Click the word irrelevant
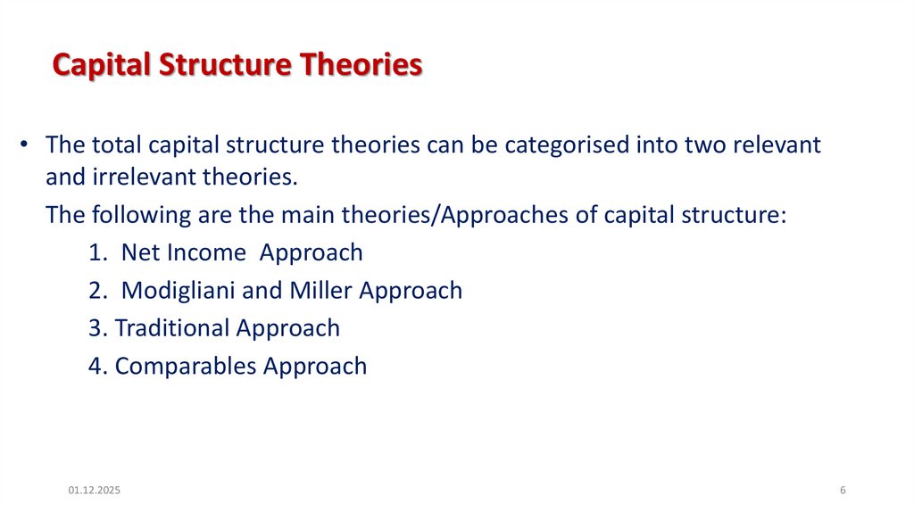[x=151, y=177]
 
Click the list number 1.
[x=96, y=252]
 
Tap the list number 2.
[x=96, y=290]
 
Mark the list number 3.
[x=96, y=327]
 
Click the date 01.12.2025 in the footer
[x=94, y=491]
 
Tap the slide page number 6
[x=843, y=491]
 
